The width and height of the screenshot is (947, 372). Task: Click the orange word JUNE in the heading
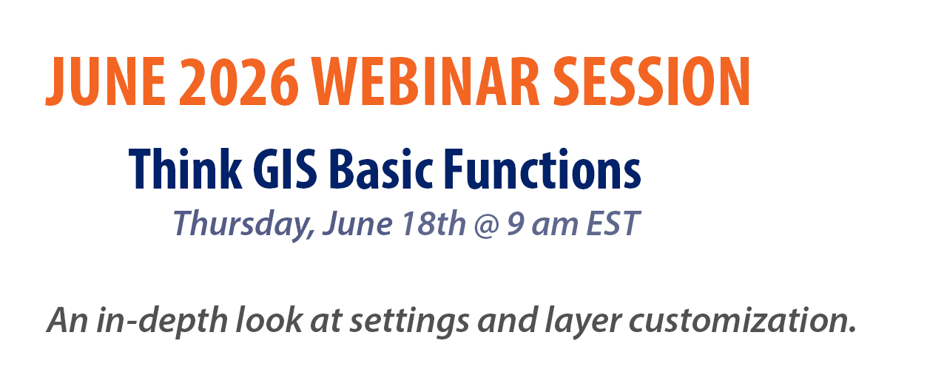[x=106, y=81]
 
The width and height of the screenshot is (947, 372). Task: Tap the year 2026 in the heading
[x=239, y=81]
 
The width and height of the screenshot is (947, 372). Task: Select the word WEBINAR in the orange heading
[x=425, y=81]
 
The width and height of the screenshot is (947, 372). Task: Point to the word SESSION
[x=652, y=81]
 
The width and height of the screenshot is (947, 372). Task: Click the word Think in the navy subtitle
[x=186, y=169]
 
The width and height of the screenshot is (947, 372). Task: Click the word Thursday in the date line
[x=243, y=224]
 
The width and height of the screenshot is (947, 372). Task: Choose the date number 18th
[x=434, y=223]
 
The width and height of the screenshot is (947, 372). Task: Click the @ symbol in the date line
[x=487, y=225]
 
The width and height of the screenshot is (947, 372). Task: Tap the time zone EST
[x=613, y=223]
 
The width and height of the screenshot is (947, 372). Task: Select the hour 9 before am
[x=516, y=223]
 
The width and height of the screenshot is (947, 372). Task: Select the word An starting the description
[x=67, y=320]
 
